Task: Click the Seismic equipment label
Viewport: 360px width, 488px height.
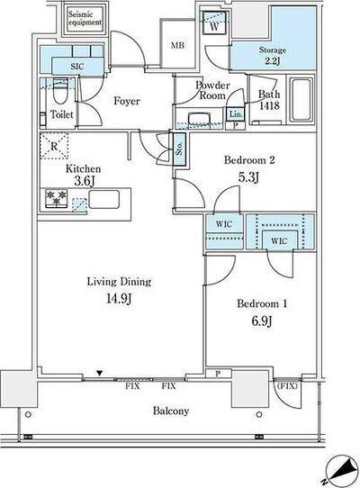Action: click(x=85, y=18)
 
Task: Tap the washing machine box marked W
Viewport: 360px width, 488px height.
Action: click(x=214, y=23)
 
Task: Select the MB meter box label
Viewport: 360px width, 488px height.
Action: click(x=177, y=45)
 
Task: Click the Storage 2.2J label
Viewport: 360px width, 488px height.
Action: click(x=273, y=55)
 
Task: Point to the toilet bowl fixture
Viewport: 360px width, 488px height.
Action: click(x=60, y=91)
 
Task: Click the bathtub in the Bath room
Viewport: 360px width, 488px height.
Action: click(x=301, y=99)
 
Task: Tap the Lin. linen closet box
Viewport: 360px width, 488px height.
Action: click(x=236, y=114)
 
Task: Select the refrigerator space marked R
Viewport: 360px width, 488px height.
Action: click(x=54, y=146)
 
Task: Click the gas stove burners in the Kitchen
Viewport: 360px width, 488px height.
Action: click(x=57, y=198)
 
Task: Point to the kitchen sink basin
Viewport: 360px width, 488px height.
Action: click(x=103, y=199)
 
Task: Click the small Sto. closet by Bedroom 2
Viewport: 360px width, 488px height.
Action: click(x=179, y=149)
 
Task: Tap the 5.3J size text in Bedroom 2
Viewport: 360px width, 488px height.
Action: click(x=248, y=177)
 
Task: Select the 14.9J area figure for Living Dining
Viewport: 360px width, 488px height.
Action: click(x=119, y=298)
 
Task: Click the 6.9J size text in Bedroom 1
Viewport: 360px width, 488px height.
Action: click(x=262, y=321)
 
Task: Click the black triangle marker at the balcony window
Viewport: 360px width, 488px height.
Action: click(x=99, y=373)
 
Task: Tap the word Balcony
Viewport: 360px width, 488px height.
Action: click(x=171, y=411)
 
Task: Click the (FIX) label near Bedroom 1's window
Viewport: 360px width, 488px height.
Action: click(x=287, y=386)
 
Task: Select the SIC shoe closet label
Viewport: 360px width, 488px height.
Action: click(x=77, y=67)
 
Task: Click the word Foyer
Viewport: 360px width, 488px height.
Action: click(x=127, y=101)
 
